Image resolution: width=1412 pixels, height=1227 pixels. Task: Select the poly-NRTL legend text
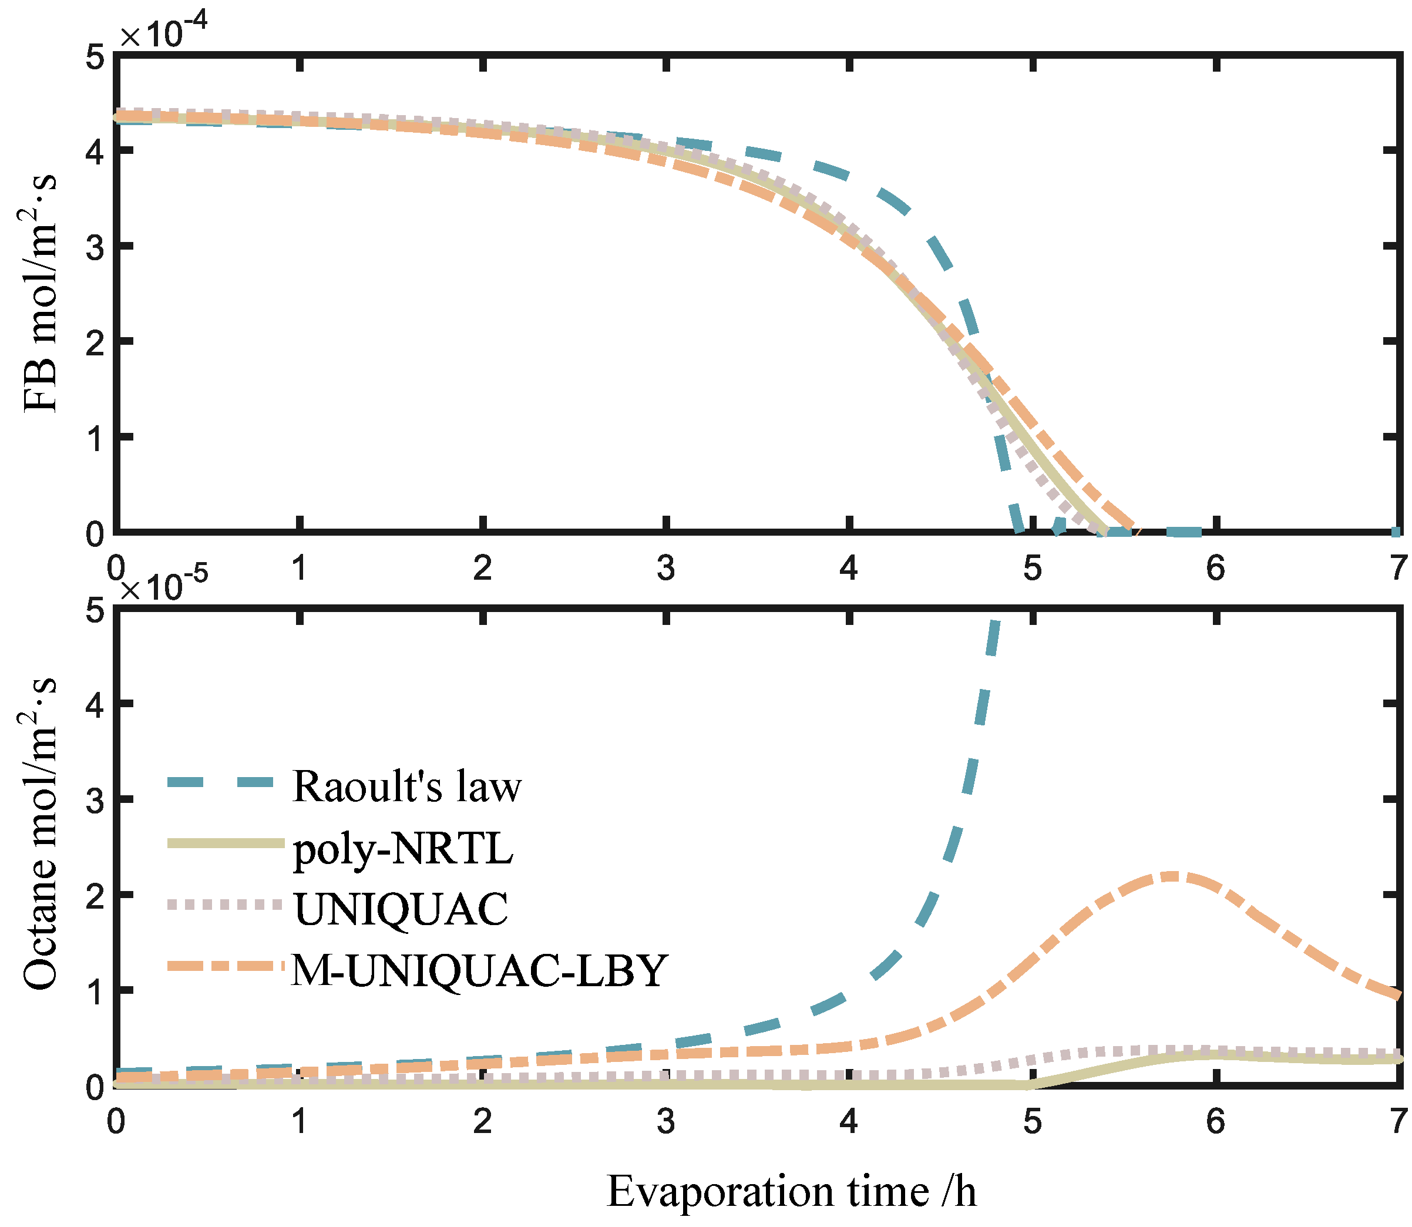point(404,849)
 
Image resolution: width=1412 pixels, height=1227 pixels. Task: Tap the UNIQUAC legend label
point(401,909)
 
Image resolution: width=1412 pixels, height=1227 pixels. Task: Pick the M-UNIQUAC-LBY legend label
point(479,970)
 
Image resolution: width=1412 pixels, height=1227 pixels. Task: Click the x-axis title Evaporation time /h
point(791,1191)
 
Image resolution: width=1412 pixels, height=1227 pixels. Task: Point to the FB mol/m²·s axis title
point(40,294)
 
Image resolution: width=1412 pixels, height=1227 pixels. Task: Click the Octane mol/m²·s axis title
point(40,835)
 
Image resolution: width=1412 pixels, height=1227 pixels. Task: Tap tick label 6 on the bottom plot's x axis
point(1215,1121)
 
